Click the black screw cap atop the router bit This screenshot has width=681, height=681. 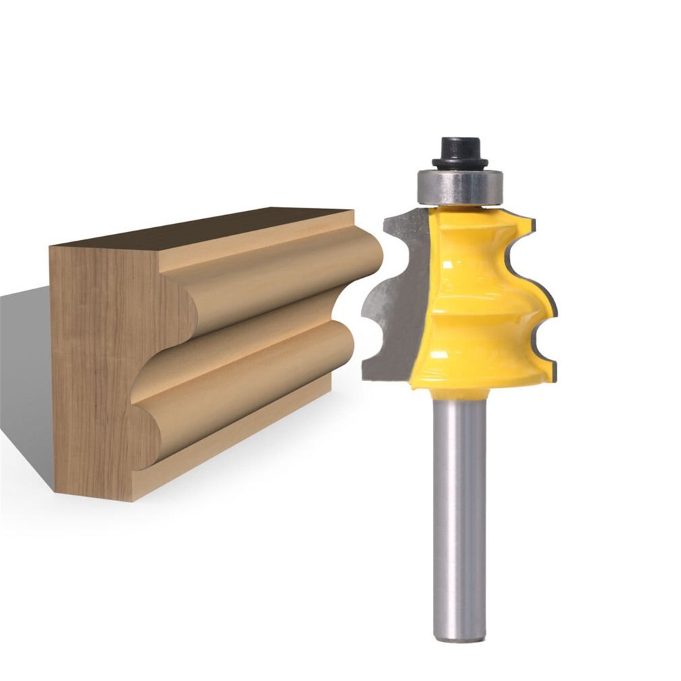click(x=459, y=152)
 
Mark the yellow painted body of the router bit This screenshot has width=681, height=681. click(x=472, y=297)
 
